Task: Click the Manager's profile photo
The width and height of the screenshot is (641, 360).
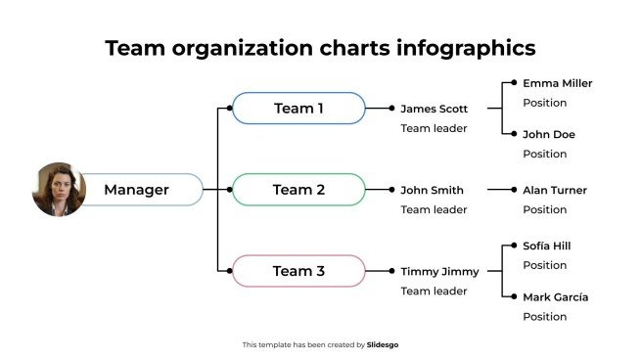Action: pos(59,190)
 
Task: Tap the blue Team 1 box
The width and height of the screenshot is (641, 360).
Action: pos(298,109)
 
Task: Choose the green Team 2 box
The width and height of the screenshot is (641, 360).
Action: pos(298,190)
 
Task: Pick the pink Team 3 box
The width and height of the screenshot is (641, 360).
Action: pos(298,271)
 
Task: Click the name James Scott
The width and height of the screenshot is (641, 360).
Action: pos(435,110)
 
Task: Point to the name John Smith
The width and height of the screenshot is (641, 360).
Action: pos(432,191)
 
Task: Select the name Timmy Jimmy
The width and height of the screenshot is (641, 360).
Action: pos(439,272)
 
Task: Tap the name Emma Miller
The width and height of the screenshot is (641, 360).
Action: pos(557,84)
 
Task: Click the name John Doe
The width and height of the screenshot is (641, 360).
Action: pos(548,135)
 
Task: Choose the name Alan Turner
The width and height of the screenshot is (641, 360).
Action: pos(555,191)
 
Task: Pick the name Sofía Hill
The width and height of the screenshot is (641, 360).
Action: pos(546,247)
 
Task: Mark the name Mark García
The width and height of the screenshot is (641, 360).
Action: pos(555,297)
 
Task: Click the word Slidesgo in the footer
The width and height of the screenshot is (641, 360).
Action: pos(383,344)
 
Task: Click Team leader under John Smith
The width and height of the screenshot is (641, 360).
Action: pos(434,209)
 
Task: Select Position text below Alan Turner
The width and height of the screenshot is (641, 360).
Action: pos(544,209)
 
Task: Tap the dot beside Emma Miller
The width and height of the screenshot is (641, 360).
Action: pos(511,84)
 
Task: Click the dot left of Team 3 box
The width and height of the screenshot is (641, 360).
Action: pos(229,271)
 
